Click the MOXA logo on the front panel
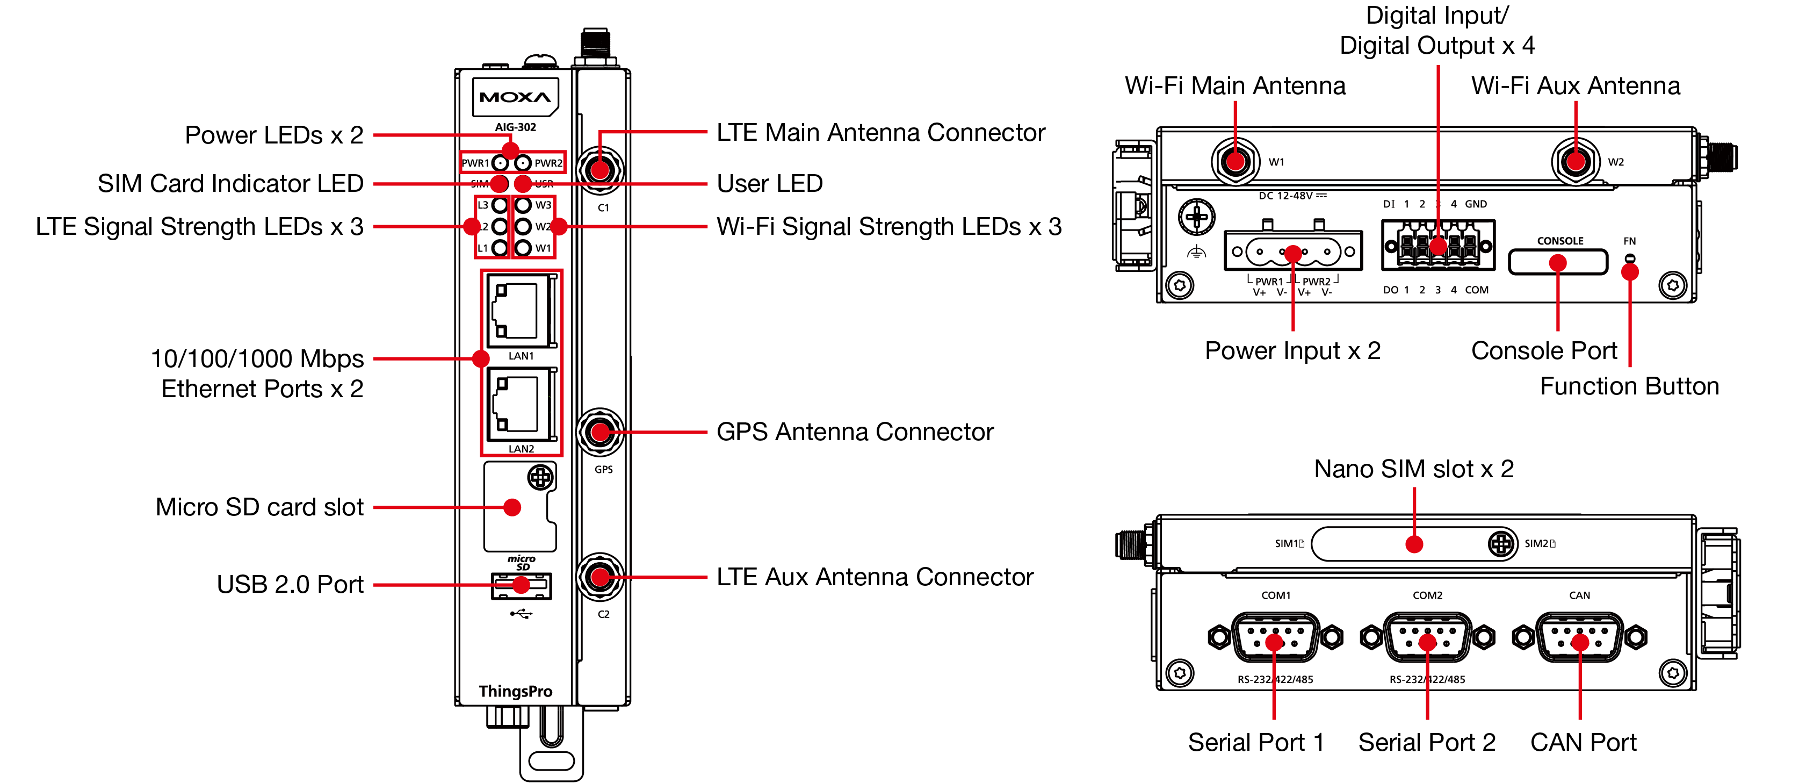coord(515,97)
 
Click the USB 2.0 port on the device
coord(521,586)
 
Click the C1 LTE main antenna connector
coord(600,169)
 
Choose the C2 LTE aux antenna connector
coord(600,577)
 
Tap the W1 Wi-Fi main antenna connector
coord(1235,161)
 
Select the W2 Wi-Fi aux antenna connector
coord(1575,161)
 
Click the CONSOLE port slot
coord(1557,263)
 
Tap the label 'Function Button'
coord(1629,386)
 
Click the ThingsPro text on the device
coord(515,692)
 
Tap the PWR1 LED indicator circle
coord(500,163)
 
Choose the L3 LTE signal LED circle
coord(500,205)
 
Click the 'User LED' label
coord(770,184)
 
